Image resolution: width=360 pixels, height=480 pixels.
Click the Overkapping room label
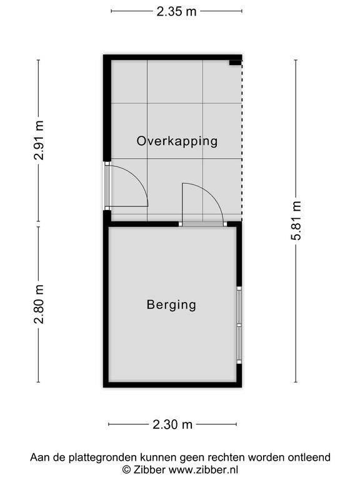[x=177, y=141]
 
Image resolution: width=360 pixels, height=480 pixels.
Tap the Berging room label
[x=171, y=305]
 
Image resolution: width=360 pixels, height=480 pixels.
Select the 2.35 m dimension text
[x=176, y=12]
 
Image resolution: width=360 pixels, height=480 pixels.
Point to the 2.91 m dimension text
[x=39, y=140]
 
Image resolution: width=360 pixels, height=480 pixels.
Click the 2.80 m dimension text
[x=39, y=304]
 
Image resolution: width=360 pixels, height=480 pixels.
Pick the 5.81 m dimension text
[x=296, y=221]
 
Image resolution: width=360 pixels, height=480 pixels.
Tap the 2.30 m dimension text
[x=172, y=424]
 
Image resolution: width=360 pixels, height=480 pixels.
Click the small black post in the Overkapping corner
[x=236, y=62]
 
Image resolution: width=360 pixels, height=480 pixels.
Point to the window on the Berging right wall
[x=239, y=325]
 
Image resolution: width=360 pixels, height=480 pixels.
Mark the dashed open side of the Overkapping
[x=242, y=141]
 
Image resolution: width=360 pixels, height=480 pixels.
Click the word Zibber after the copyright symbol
[x=149, y=469]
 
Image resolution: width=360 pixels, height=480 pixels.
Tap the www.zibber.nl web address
[x=204, y=469]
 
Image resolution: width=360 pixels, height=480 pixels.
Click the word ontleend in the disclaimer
[x=309, y=457]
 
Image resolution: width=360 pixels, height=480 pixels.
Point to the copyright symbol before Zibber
[x=126, y=470]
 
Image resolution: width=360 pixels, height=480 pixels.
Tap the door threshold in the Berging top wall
[x=203, y=224]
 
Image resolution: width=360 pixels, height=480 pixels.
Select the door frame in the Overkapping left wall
[x=107, y=186]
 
